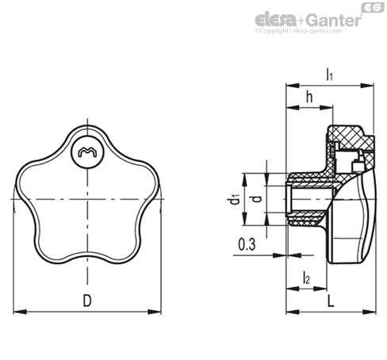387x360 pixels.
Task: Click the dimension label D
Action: [x=87, y=301]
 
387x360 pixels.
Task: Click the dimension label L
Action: [x=331, y=301]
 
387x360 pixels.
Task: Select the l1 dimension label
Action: [x=329, y=75]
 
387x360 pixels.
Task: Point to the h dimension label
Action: [x=309, y=97]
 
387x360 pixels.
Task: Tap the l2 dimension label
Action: [x=306, y=278]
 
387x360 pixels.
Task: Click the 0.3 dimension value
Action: [x=247, y=244]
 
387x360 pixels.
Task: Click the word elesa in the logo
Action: [x=276, y=20]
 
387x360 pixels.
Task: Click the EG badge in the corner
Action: [x=373, y=7]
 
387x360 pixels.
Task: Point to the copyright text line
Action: [x=298, y=31]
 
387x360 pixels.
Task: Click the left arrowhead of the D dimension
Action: [x=20, y=312]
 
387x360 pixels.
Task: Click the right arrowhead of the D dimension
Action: [x=155, y=312]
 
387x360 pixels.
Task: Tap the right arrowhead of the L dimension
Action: [x=370, y=312]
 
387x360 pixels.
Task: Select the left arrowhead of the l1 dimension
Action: [x=293, y=86]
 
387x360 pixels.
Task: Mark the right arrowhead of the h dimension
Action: [x=326, y=108]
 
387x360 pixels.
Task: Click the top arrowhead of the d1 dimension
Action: [x=244, y=180]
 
